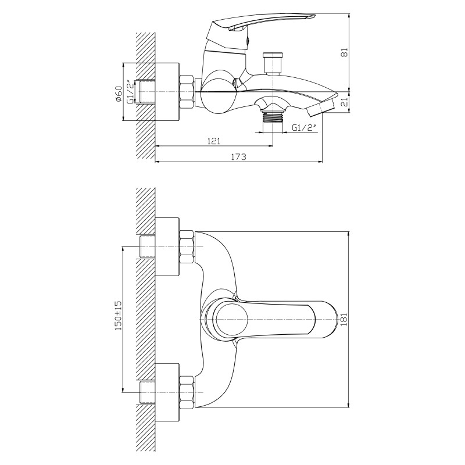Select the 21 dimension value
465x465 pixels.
tap(345, 102)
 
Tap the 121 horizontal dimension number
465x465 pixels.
tap(214, 141)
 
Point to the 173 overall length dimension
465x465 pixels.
tap(239, 156)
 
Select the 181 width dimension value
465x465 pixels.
tap(344, 319)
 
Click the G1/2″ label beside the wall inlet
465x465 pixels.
tap(130, 92)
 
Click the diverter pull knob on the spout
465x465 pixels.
tap(273, 63)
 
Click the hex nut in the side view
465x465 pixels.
tap(187, 92)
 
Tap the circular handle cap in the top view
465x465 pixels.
tap(231, 319)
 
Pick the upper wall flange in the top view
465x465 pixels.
tap(167, 246)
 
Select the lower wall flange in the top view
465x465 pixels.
tap(167, 392)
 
